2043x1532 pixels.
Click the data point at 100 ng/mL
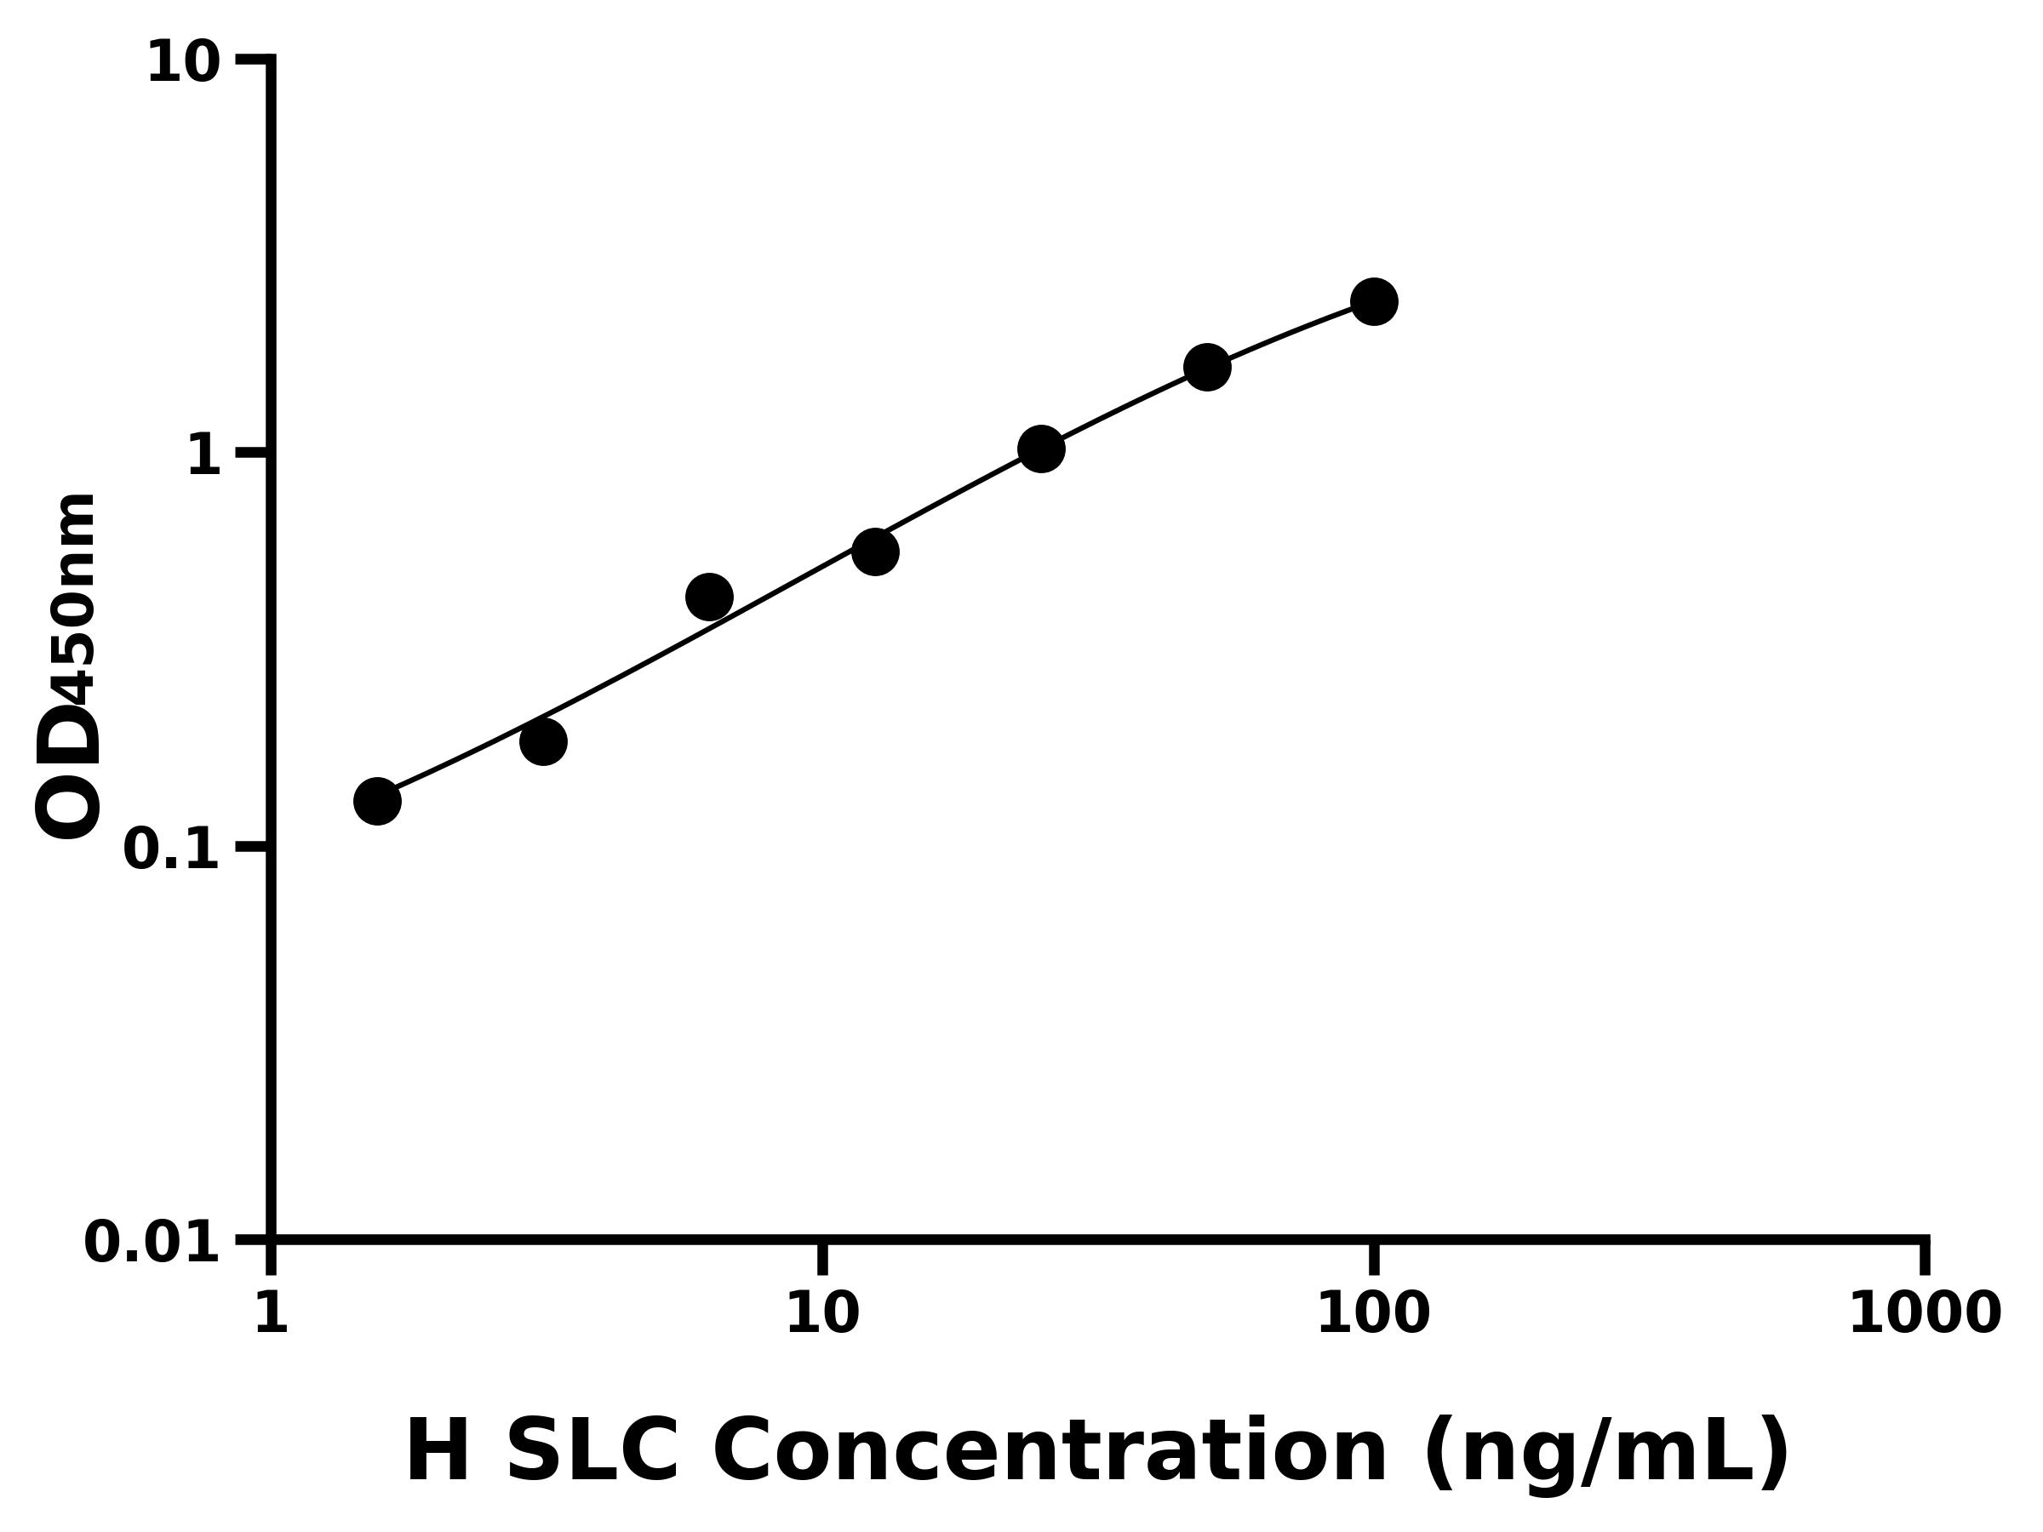[x=1373, y=301]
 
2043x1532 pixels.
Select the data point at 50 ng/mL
[x=1207, y=368]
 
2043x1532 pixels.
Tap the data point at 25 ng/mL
[x=1041, y=449]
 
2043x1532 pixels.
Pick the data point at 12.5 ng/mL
[x=874, y=552]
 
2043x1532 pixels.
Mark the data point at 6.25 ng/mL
[x=709, y=597]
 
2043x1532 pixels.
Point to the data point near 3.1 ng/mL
[x=543, y=740]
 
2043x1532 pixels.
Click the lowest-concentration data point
[x=377, y=800]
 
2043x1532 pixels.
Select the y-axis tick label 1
[x=204, y=456]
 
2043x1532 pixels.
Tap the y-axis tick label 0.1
[x=172, y=849]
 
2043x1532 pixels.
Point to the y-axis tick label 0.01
[x=152, y=1243]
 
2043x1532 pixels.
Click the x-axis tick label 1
[x=272, y=1313]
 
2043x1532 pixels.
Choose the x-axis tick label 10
[x=822, y=1313]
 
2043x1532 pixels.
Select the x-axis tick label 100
[x=1372, y=1313]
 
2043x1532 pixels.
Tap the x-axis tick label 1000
[x=1925, y=1313]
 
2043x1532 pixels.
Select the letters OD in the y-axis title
[x=66, y=771]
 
